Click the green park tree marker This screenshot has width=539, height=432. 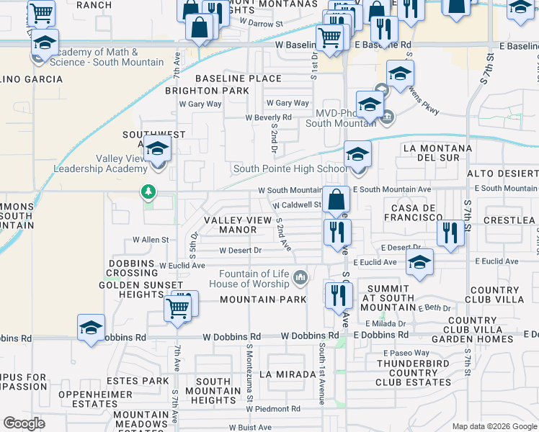point(148,192)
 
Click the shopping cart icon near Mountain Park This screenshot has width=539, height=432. point(177,308)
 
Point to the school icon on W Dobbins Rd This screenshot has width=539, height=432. point(92,328)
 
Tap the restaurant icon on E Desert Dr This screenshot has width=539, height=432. point(450,232)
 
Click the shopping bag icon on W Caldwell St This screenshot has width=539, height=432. point(336,199)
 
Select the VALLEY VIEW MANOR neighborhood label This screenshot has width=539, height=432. point(231,225)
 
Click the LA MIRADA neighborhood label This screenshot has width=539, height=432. point(288,374)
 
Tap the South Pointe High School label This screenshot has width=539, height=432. point(289,169)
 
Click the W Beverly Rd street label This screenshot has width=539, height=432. point(268,117)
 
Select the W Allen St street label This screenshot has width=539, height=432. point(150,240)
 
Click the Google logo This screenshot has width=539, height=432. point(24,423)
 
